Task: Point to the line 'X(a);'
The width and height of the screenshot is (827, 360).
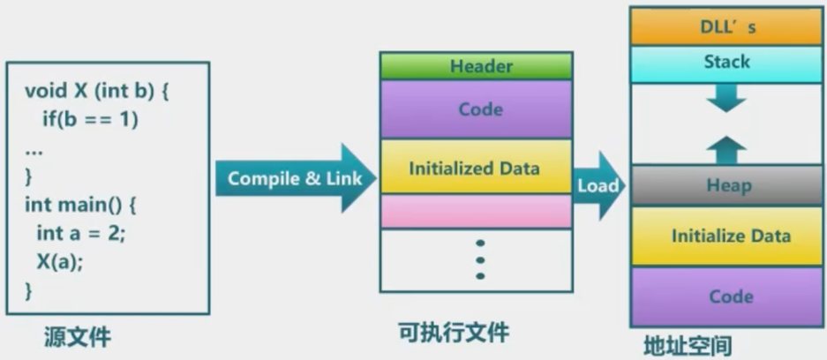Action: (61, 261)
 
